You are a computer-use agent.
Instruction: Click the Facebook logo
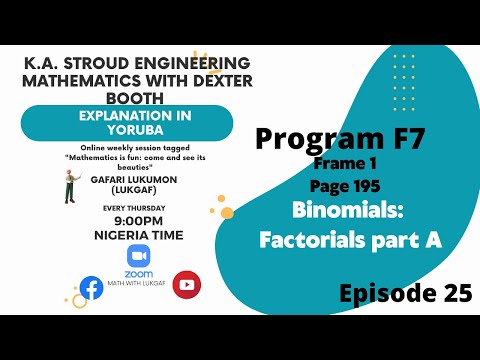click(91, 288)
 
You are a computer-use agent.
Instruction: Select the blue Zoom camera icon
click(138, 255)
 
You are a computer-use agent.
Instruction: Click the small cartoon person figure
click(70, 186)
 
